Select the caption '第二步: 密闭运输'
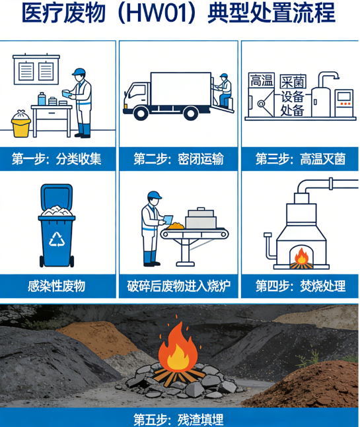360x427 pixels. [x=178, y=159]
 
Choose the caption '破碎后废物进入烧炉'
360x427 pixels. [x=178, y=286]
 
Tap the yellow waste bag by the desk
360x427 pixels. [x=21, y=123]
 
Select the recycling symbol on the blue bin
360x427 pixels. [x=58, y=237]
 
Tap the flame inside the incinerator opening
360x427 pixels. [x=301, y=255]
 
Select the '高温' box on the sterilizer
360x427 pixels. [x=260, y=81]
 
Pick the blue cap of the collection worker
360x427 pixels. [x=79, y=71]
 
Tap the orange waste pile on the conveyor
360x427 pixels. [x=176, y=226]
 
